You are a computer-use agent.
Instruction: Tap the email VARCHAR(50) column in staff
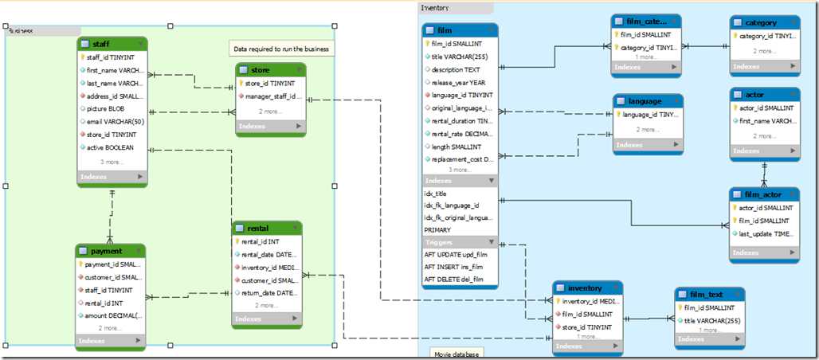pyautogui.click(x=115, y=122)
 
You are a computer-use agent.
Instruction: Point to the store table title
pyautogui.click(x=260, y=70)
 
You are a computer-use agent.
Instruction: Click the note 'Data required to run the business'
pyautogui.click(x=282, y=49)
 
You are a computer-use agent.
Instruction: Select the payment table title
pyautogui.click(x=106, y=251)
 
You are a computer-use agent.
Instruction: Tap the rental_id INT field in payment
pyautogui.click(x=104, y=302)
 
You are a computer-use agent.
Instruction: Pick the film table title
pyautogui.click(x=446, y=29)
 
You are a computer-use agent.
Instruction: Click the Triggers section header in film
pyautogui.click(x=439, y=242)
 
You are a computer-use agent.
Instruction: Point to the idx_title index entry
pyautogui.click(x=435, y=194)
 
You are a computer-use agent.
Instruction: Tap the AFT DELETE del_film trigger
pyautogui.click(x=454, y=279)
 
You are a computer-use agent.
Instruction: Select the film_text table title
pyautogui.click(x=707, y=294)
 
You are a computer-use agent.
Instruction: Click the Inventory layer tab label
pyautogui.click(x=434, y=8)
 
